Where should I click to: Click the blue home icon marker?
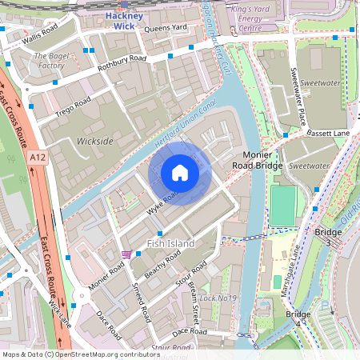(180, 173)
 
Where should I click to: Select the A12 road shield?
(37, 158)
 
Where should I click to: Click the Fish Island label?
(166, 242)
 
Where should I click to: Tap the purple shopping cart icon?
(126, 254)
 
